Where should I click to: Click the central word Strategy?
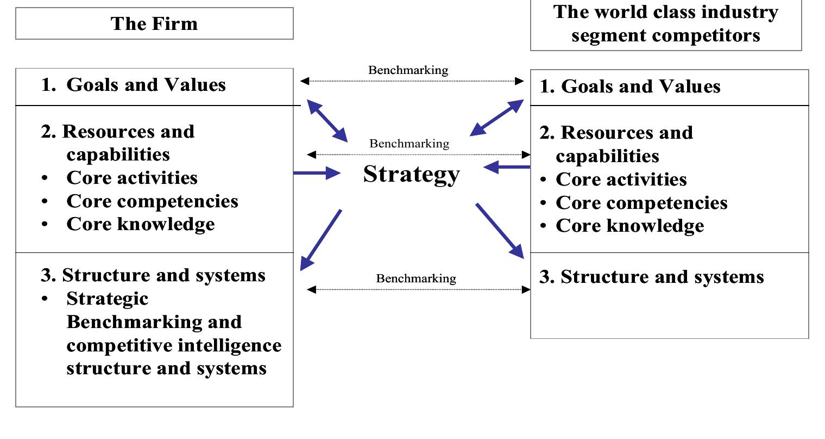click(411, 174)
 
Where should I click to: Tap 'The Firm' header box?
click(154, 23)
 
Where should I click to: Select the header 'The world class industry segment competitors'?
click(665, 24)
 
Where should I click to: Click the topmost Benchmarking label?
click(408, 70)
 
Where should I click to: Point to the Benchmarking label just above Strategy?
click(410, 144)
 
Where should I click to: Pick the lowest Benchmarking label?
click(416, 279)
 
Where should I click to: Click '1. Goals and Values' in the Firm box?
click(133, 85)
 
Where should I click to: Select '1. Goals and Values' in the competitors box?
click(630, 86)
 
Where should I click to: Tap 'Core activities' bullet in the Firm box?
click(131, 178)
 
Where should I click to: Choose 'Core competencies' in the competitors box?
click(641, 203)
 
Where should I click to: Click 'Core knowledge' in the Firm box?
click(140, 224)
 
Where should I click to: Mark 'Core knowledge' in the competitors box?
click(629, 226)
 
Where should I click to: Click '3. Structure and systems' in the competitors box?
click(651, 277)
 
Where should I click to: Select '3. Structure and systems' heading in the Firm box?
click(153, 275)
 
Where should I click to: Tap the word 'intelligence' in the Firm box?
click(231, 345)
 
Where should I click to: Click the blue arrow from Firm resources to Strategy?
click(317, 174)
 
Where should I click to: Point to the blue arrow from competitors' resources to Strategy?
click(506, 167)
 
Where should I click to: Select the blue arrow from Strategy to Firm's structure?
click(320, 240)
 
